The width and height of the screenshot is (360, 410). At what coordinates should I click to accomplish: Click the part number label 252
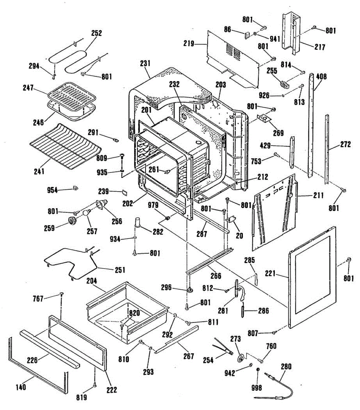click(96, 33)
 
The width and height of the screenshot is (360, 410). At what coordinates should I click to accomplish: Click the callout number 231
click(145, 63)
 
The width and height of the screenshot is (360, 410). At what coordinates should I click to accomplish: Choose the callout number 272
click(345, 145)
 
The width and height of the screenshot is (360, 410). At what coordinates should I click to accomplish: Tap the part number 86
click(228, 30)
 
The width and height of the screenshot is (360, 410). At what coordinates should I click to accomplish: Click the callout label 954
click(52, 190)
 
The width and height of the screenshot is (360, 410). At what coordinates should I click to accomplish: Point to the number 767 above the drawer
click(38, 299)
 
